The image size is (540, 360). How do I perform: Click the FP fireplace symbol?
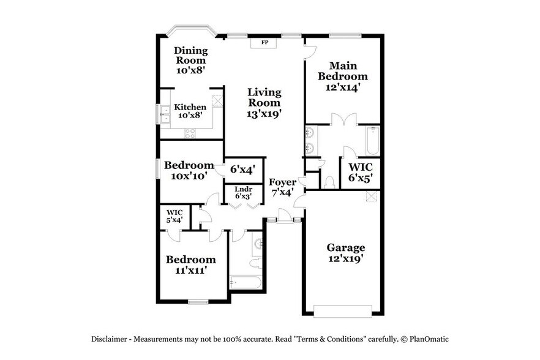point(265,43)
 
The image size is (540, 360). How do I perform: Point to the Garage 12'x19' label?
point(345,253)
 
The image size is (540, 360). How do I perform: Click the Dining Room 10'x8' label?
point(190,60)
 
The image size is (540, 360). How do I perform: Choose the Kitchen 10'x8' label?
point(190,111)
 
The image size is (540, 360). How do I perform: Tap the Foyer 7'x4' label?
point(283,187)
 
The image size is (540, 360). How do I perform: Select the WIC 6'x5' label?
point(361,172)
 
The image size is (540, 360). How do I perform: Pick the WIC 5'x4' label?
point(174,216)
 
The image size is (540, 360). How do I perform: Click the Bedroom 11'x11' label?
point(191,264)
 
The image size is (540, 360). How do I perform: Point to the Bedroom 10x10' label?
point(189,170)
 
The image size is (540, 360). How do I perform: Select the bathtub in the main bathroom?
point(372,141)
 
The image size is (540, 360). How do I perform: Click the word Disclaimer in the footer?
point(110,339)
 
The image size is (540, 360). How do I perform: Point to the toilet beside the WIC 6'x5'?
point(329,181)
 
